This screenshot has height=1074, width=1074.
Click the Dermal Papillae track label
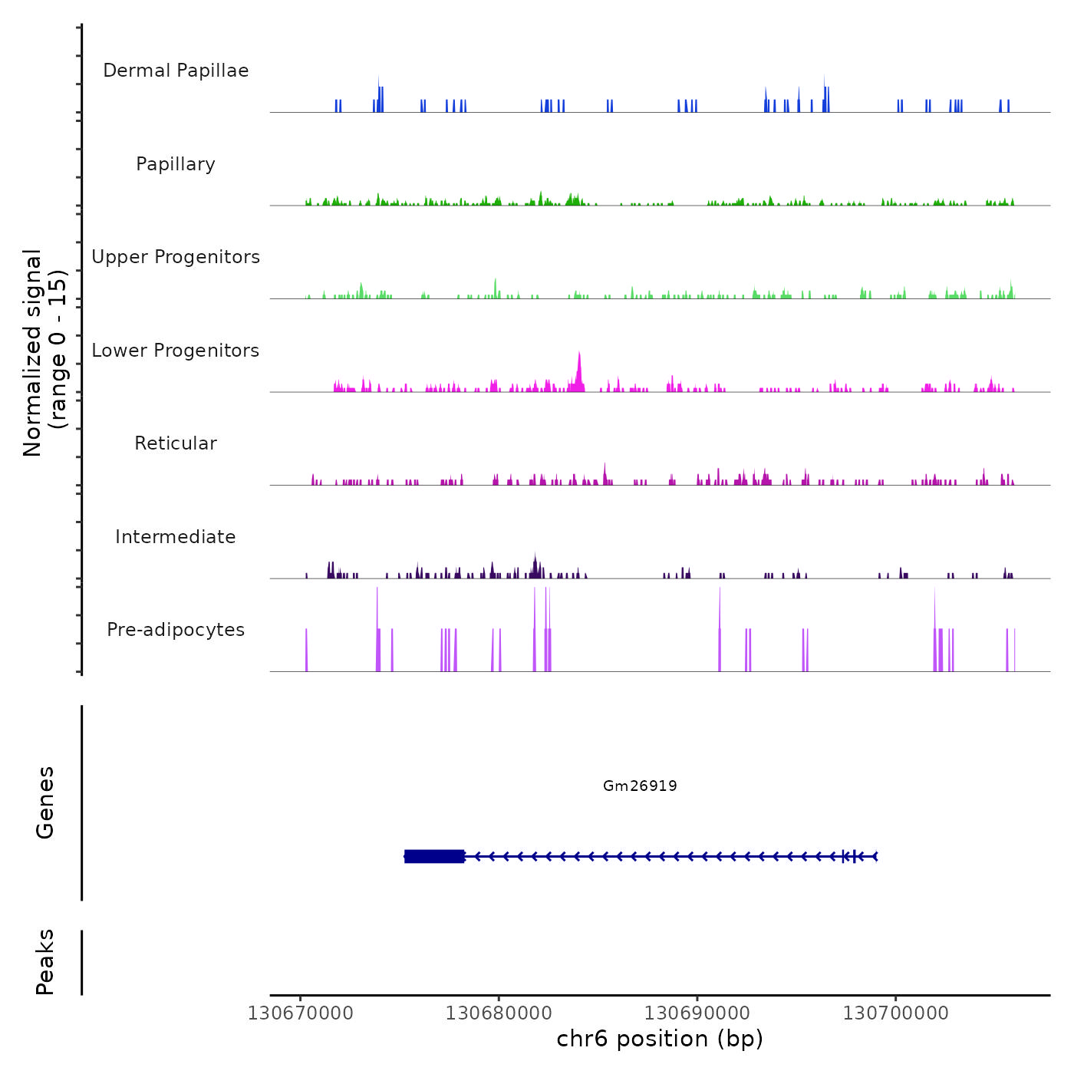click(x=176, y=71)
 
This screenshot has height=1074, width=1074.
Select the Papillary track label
click(x=176, y=164)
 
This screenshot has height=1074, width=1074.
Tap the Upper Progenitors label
click(x=176, y=257)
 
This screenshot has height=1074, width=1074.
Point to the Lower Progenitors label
click(x=176, y=351)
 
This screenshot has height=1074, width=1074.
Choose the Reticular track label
click(x=176, y=443)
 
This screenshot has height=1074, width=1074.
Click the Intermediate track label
click(x=176, y=537)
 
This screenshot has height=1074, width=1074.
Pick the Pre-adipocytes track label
click(x=176, y=630)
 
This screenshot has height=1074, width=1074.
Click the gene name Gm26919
click(x=640, y=786)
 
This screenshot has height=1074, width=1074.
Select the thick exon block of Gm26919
click(x=434, y=856)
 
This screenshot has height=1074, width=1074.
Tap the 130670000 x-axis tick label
click(x=301, y=1013)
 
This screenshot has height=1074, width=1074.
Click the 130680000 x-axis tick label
click(x=499, y=1013)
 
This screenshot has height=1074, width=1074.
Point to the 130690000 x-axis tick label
click(x=697, y=1013)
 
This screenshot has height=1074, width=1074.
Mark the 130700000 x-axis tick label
click(x=895, y=1013)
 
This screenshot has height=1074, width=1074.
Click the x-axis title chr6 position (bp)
click(x=660, y=1039)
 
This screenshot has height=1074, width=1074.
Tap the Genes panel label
click(x=45, y=802)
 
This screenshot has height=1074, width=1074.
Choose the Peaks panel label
click(x=45, y=962)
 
